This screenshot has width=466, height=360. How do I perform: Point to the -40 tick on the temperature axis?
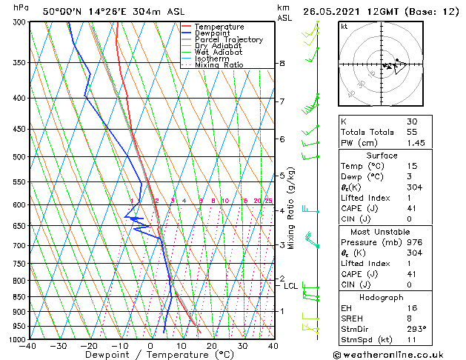click(x=28, y=346)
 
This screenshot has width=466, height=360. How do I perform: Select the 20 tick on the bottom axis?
click(x=211, y=346)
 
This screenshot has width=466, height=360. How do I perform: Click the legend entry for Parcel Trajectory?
click(x=228, y=40)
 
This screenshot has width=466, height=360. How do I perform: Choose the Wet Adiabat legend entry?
click(x=219, y=53)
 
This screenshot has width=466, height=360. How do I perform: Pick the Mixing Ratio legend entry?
click(x=219, y=65)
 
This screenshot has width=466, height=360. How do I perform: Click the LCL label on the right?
click(x=290, y=286)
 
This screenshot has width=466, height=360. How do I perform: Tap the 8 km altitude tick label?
click(x=282, y=64)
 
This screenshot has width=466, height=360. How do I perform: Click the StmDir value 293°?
click(x=416, y=328)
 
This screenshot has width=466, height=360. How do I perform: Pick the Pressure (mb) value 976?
click(x=414, y=241)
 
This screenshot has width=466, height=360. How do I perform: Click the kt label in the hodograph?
click(x=345, y=26)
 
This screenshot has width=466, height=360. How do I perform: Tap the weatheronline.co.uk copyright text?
click(x=399, y=354)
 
